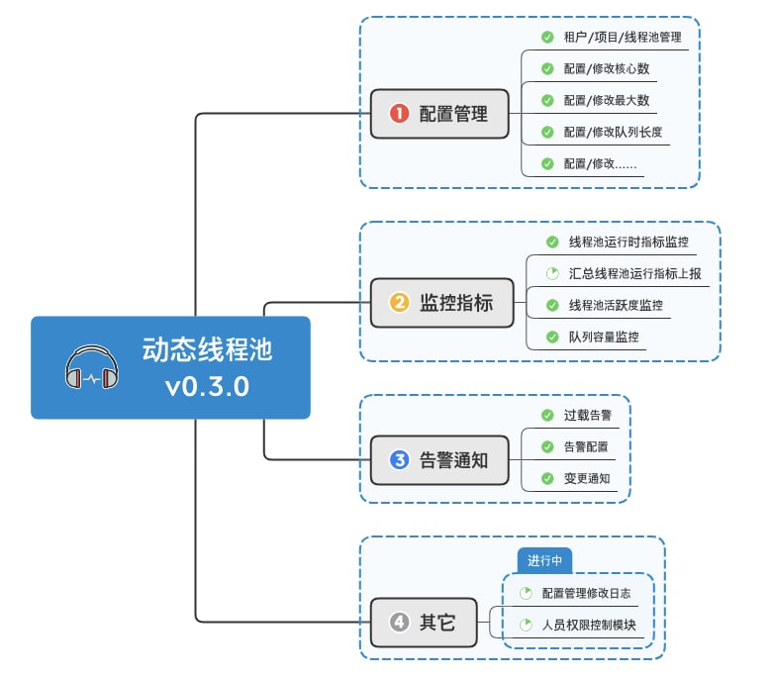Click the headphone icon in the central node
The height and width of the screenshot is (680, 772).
[x=92, y=367]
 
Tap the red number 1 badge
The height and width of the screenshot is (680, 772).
[x=399, y=113]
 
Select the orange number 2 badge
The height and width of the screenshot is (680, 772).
[x=399, y=303]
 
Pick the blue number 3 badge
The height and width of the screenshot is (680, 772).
[x=399, y=459]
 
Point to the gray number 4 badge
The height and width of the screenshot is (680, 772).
[x=399, y=622]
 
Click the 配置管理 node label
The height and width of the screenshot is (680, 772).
[x=453, y=113]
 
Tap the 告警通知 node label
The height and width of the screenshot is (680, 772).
[x=453, y=459]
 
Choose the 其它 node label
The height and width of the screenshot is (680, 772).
[x=437, y=622]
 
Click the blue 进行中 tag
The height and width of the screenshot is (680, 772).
[x=544, y=560]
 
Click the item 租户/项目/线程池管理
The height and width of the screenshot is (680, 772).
[x=622, y=38]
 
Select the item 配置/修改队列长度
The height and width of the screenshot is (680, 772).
[x=613, y=132]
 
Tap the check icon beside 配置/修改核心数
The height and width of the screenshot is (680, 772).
[x=547, y=69]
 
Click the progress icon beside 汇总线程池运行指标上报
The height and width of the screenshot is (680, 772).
[x=552, y=273]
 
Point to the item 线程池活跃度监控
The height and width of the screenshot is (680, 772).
[x=616, y=305]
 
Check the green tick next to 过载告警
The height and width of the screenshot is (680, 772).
[x=547, y=415]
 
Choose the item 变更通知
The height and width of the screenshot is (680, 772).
[x=586, y=478]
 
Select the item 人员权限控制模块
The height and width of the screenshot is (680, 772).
[x=589, y=626]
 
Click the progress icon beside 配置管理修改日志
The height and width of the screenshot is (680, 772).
[x=527, y=593]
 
